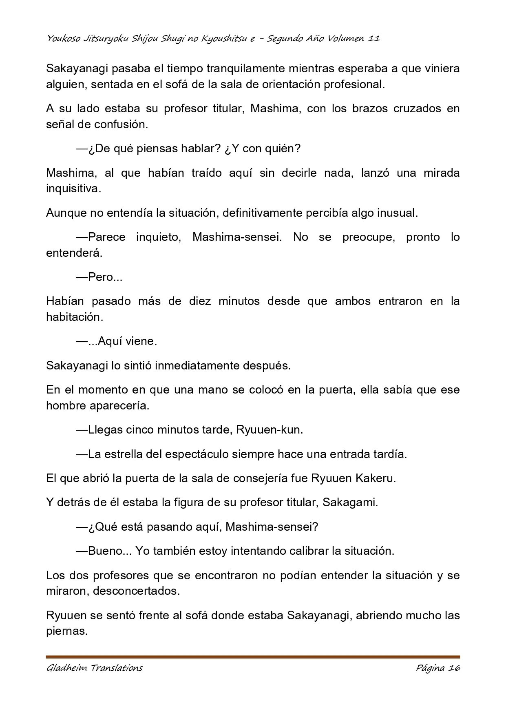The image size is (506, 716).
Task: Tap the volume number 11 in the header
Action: click(374, 39)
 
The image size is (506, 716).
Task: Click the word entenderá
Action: click(73, 253)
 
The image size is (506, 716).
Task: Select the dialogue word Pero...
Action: click(101, 277)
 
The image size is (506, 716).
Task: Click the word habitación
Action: click(74, 317)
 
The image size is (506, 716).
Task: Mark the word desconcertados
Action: click(136, 591)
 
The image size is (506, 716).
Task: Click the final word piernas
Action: click(67, 631)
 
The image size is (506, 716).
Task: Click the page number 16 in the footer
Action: click(453, 668)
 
